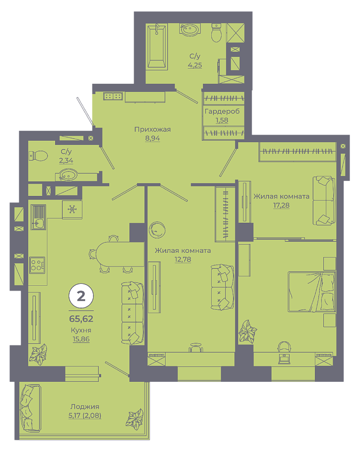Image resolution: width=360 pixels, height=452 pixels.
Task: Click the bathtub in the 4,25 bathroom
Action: point(157,47)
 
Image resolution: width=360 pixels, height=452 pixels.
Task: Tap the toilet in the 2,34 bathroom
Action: point(38,156)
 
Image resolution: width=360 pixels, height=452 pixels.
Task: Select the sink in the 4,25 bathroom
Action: point(189,30)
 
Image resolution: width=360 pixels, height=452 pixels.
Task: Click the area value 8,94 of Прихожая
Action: point(152,138)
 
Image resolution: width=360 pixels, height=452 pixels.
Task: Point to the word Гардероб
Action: point(222,111)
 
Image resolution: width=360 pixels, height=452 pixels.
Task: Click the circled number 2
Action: point(81,296)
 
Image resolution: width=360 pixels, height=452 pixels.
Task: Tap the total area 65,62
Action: point(81,319)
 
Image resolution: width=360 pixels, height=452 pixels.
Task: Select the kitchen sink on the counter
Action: point(38,217)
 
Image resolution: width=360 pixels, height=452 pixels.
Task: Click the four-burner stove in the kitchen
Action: point(37,265)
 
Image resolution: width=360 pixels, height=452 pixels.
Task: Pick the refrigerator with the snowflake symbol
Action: point(72,210)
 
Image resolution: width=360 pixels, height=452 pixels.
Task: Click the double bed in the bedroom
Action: point(312,291)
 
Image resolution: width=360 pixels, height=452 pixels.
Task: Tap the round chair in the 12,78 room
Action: point(157,230)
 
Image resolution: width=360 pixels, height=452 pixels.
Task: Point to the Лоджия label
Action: point(85,406)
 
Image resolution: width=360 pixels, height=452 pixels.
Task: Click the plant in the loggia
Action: point(135,418)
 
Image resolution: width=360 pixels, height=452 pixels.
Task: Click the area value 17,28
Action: point(281,205)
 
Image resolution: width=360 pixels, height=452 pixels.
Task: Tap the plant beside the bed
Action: point(248,331)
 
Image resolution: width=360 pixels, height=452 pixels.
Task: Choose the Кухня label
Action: point(81,331)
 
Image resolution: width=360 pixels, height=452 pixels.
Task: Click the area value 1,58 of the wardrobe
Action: point(222,120)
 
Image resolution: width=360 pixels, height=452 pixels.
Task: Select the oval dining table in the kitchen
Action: point(120,254)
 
